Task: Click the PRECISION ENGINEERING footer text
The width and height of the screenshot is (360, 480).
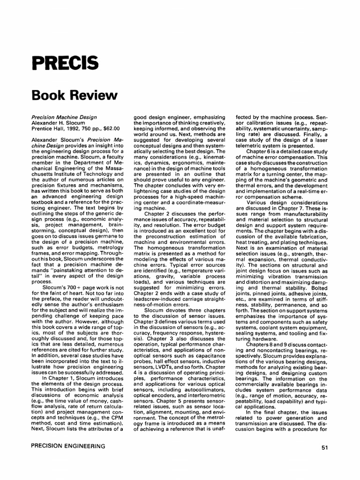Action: coord(68,446)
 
